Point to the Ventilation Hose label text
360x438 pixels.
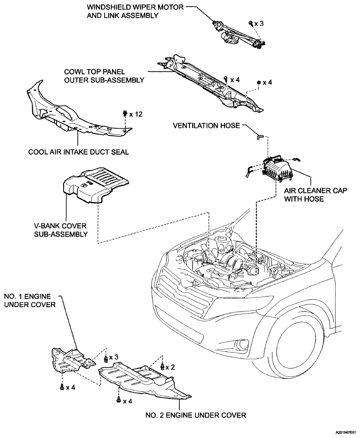[206, 125]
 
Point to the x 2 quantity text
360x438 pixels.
[172, 367]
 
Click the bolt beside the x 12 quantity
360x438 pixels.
[125, 113]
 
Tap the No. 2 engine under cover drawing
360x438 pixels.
[143, 380]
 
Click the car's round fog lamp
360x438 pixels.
[242, 344]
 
